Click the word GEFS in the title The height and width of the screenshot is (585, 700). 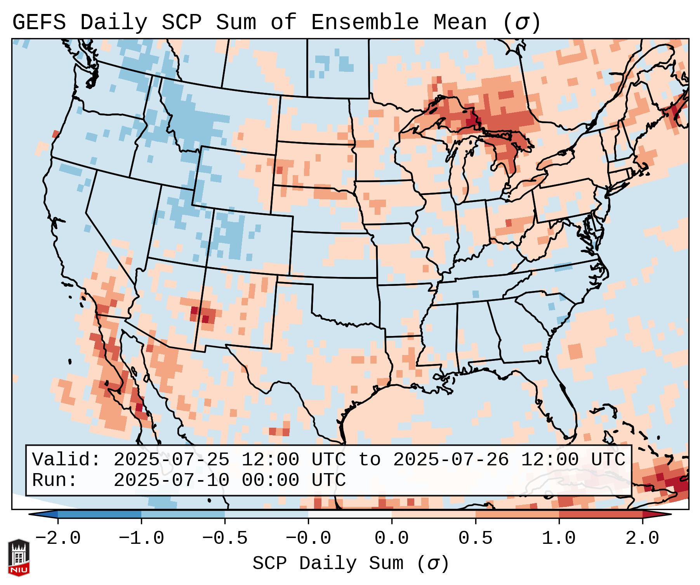(39, 23)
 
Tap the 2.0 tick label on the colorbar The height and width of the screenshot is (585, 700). (642, 538)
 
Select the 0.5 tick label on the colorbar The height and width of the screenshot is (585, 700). (475, 538)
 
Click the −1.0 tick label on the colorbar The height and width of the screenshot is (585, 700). (141, 538)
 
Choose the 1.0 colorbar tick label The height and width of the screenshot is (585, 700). (559, 538)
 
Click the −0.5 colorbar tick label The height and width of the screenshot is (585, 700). (224, 538)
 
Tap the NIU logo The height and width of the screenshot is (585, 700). (19, 558)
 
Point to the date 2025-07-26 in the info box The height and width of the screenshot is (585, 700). (451, 460)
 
